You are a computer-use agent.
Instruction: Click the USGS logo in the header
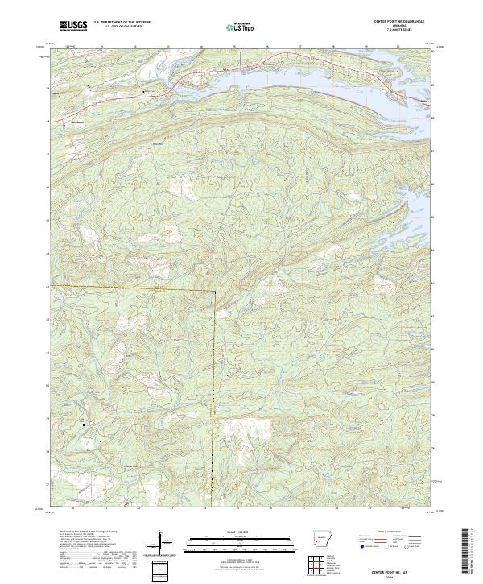tap(74, 27)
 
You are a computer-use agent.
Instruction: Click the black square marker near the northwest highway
tap(143, 92)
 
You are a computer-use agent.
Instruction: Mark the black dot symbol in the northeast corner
tap(397, 72)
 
